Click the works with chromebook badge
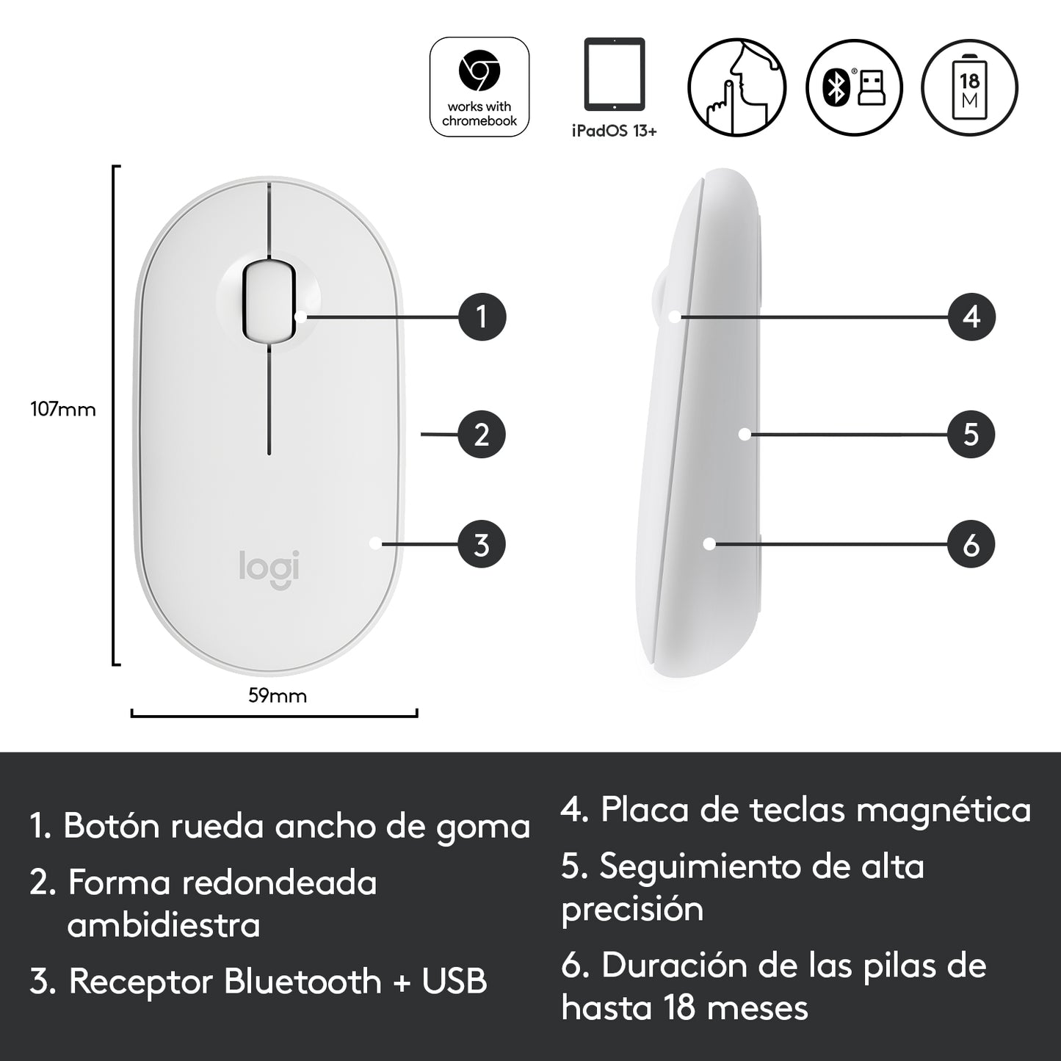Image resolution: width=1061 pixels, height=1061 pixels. pyautogui.click(x=479, y=87)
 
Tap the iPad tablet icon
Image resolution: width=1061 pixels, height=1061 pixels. pyautogui.click(x=614, y=74)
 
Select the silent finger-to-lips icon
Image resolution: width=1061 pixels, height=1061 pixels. pyautogui.click(x=736, y=87)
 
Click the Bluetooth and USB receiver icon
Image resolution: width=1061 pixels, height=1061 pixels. pyautogui.click(x=854, y=87)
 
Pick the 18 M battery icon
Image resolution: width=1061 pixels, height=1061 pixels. pyautogui.click(x=970, y=87)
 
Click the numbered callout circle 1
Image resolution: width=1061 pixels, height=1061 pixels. pyautogui.click(x=482, y=317)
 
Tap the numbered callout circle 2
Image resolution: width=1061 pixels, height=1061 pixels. pyautogui.click(x=482, y=435)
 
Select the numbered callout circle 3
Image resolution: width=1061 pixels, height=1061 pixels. pyautogui.click(x=482, y=544)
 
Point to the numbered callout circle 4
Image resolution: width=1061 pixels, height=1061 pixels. pyautogui.click(x=971, y=317)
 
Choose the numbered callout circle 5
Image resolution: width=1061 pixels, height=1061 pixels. pyautogui.click(x=971, y=435)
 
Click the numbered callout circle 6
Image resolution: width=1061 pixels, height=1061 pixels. pyautogui.click(x=971, y=544)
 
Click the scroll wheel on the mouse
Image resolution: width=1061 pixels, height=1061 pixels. pyautogui.click(x=269, y=300)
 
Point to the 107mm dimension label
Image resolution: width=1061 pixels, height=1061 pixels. pyautogui.click(x=62, y=409)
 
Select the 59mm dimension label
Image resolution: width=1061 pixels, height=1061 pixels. pyautogui.click(x=278, y=695)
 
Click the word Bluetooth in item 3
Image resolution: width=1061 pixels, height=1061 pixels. pyautogui.click(x=303, y=981)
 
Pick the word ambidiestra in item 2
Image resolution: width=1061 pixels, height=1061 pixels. pyautogui.click(x=164, y=926)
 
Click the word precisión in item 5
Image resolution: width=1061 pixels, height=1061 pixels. pyautogui.click(x=633, y=910)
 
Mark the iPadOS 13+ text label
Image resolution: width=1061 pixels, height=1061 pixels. pyautogui.click(x=615, y=131)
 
